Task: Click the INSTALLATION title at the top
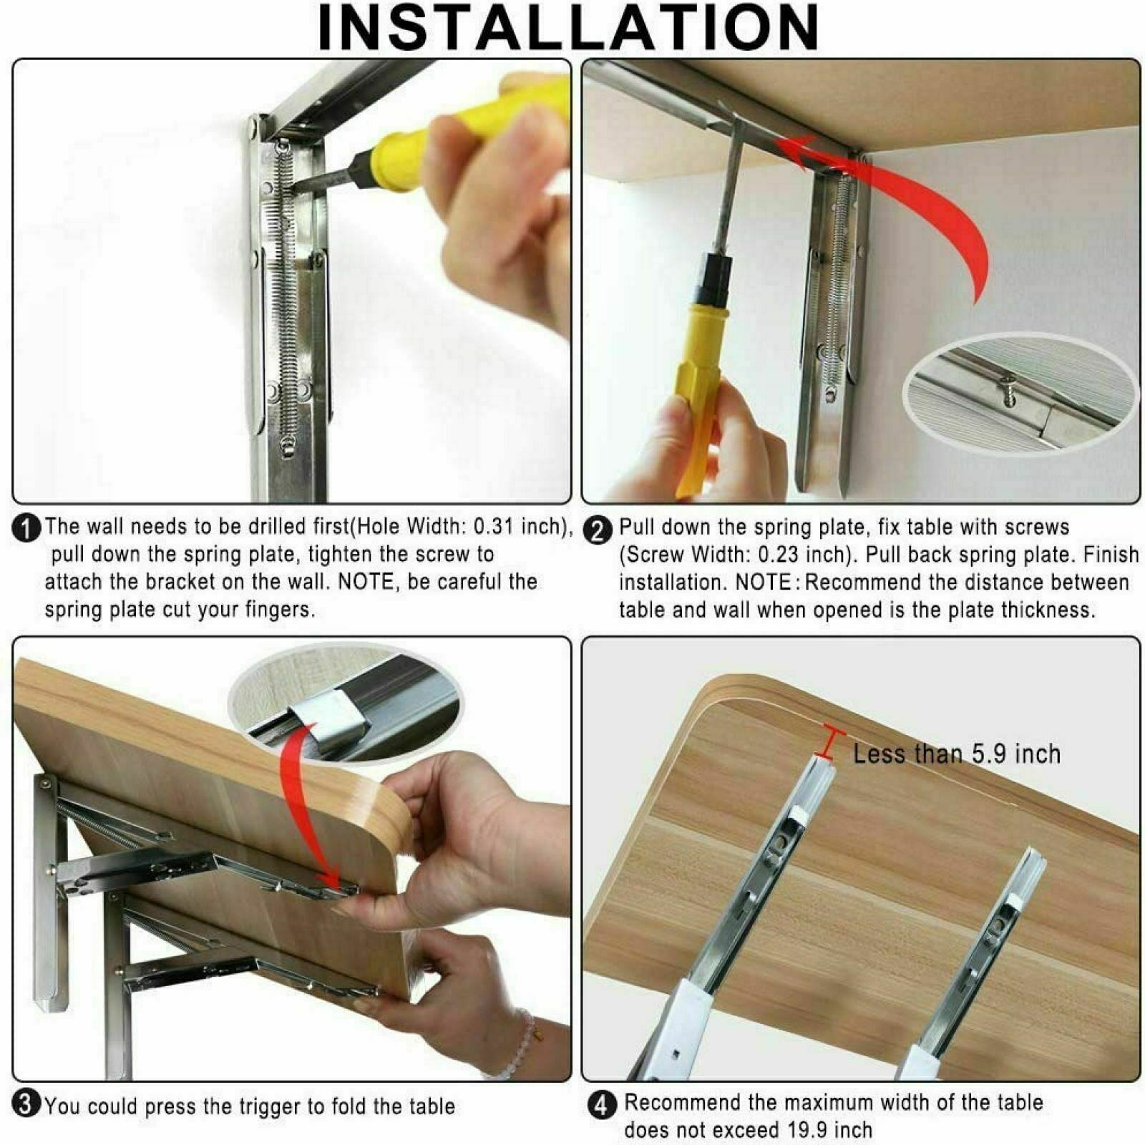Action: (569, 27)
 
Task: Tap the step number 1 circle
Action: (26, 529)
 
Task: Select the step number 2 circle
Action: (598, 530)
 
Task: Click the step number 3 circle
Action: (26, 1104)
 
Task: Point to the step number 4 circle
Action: (602, 1105)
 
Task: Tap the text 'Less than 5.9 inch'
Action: (957, 754)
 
